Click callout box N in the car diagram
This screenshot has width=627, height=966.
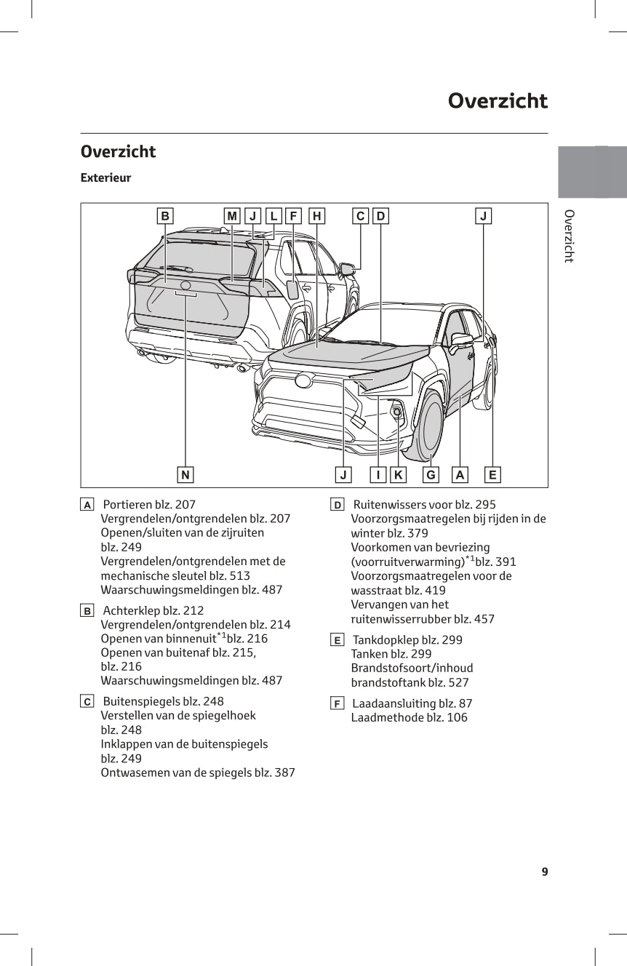185,475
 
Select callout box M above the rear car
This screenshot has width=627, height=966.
232,216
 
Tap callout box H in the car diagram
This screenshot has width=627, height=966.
317,216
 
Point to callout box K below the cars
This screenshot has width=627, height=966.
398,475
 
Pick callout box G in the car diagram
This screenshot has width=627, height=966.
431,475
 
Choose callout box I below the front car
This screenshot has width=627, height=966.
378,475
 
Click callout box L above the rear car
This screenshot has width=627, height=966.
273,216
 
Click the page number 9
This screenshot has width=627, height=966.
544,872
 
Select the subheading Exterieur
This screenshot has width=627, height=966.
105,177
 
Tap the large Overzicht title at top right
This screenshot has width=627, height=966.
498,100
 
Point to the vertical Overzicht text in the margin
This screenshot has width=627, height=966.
569,236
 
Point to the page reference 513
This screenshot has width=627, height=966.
239,575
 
